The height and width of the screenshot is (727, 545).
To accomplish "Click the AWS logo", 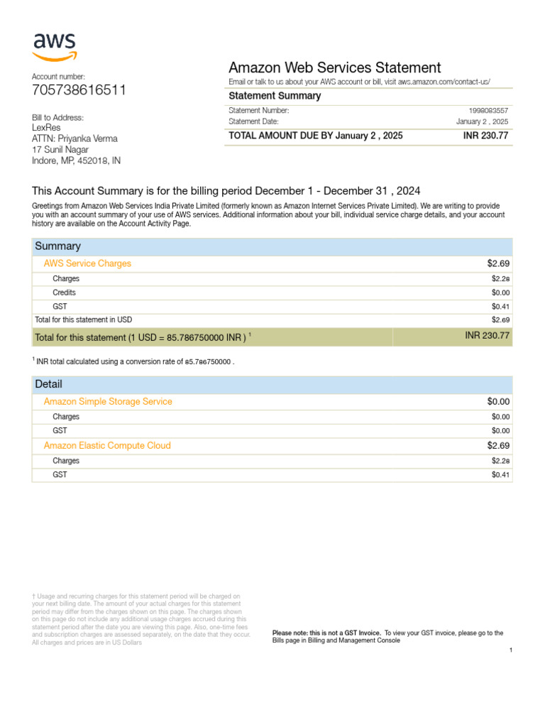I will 55,47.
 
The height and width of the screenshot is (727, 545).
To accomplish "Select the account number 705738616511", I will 79,90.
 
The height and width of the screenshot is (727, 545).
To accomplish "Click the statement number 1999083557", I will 488,111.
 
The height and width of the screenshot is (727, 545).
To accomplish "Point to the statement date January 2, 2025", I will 482,122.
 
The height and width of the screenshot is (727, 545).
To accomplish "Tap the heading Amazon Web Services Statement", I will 334,67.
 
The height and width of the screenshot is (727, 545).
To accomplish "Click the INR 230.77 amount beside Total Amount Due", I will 486,136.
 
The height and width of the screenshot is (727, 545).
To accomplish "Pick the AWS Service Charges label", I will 87,263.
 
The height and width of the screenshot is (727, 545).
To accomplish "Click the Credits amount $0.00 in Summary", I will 500,293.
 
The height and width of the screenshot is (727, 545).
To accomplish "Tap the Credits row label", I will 64,293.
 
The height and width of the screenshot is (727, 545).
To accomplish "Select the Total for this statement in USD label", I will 83,319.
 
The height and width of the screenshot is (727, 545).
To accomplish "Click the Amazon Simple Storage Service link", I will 108,402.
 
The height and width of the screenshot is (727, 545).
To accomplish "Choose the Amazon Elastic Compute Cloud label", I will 107,446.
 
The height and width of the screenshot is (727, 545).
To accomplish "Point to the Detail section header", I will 49,384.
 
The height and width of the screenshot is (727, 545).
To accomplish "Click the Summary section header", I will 57,246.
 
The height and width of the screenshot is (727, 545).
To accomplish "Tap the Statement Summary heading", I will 275,96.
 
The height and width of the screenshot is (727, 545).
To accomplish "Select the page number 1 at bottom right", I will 510,650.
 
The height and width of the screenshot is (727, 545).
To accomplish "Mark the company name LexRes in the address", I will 46,128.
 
